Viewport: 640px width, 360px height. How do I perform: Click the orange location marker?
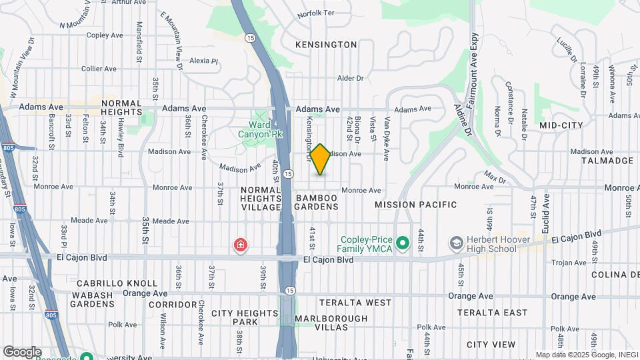321,159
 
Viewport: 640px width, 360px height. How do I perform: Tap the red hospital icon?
239,246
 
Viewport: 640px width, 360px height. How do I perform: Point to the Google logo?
21,351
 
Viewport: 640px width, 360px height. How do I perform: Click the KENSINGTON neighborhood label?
327,45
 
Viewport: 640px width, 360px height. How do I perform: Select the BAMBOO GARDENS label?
317,203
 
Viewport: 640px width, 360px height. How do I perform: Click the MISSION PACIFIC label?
416,205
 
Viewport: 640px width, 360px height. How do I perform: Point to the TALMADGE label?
607,161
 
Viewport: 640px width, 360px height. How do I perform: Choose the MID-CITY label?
561,125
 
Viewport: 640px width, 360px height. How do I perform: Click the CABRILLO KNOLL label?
117,283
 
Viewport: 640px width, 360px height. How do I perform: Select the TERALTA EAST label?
492,313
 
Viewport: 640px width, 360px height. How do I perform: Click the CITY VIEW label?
491,345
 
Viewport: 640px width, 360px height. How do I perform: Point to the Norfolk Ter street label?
315,13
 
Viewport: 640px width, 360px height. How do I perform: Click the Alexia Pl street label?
204,61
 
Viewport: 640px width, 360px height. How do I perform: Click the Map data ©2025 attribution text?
587,355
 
